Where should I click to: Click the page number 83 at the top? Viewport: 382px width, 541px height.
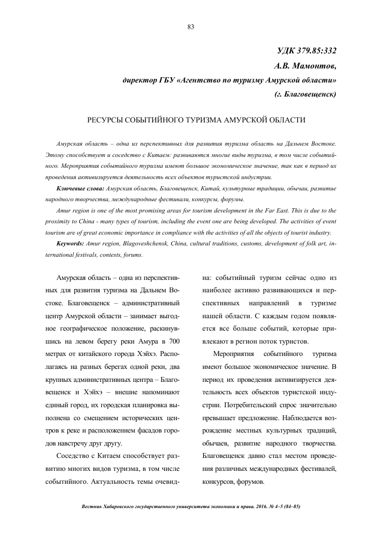(x=191, y=27)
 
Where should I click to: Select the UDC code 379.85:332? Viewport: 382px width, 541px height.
(x=317, y=51)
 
